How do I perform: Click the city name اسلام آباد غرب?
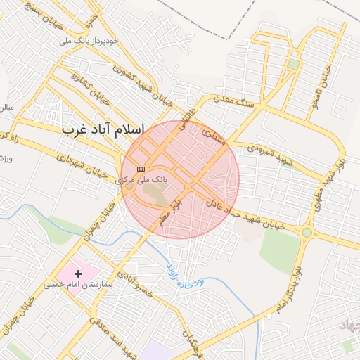click(103, 130)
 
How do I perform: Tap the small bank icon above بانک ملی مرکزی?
click(141, 169)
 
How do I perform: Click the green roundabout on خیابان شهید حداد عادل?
click(307, 232)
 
